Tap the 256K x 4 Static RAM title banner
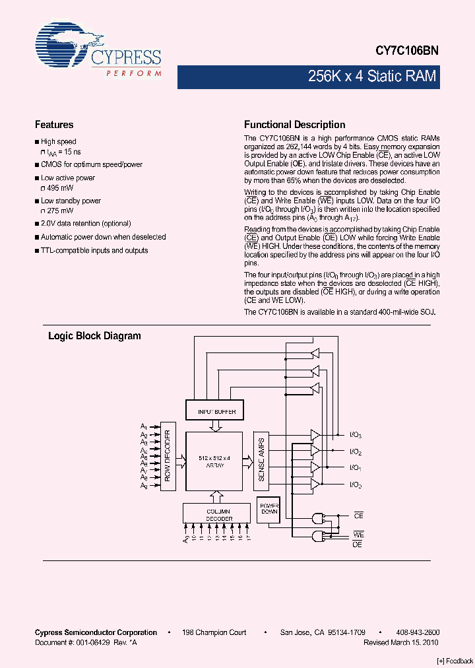[372, 77]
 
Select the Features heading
[54, 125]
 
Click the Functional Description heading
[294, 125]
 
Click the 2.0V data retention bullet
[86, 224]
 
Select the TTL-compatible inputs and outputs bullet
[94, 250]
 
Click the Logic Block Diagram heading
[94, 336]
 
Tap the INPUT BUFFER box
[217, 412]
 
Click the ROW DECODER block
[168, 455]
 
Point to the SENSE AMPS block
[261, 459]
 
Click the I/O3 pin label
[355, 436]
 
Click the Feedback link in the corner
[455, 661]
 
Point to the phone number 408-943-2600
[414, 632]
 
